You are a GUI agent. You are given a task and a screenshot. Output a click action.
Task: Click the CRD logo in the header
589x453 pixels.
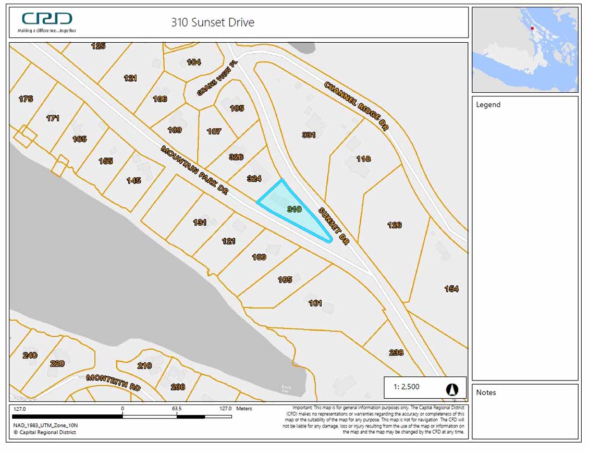(x=47, y=19)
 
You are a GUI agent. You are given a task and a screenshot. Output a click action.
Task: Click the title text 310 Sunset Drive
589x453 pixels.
(x=213, y=22)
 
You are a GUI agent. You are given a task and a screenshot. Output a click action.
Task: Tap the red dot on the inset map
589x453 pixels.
(x=532, y=28)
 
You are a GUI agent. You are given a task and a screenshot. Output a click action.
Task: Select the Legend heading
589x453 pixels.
(x=488, y=105)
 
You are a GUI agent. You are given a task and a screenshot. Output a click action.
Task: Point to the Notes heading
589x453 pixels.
(x=486, y=393)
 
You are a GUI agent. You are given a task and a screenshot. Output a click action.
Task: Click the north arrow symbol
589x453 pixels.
(x=451, y=389)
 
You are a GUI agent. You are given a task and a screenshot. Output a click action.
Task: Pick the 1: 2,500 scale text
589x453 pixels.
(x=406, y=387)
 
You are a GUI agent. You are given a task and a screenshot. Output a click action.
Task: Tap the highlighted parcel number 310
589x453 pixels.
(x=294, y=209)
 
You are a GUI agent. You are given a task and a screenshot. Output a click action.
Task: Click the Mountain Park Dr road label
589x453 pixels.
(x=194, y=170)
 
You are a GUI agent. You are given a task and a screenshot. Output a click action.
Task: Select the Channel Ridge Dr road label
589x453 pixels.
(x=357, y=106)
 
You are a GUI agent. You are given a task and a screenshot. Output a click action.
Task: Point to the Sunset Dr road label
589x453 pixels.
(x=333, y=225)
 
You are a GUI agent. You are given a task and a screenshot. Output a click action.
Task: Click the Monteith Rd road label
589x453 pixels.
(x=114, y=383)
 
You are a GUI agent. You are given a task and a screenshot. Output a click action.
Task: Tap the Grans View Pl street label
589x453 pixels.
(x=214, y=83)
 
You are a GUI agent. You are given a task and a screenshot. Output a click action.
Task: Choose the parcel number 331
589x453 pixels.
(x=309, y=135)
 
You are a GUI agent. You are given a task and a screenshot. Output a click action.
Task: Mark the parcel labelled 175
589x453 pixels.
(x=26, y=99)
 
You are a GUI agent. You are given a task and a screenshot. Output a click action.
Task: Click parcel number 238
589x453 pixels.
(x=396, y=352)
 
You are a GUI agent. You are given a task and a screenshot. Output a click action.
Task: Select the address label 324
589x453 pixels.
(x=254, y=179)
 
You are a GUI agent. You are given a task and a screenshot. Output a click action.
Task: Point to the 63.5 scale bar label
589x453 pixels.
(x=177, y=409)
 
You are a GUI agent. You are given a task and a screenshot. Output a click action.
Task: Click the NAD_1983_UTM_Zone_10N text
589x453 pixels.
(x=45, y=425)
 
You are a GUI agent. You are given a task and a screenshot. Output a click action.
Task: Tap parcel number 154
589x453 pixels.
(x=451, y=289)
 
